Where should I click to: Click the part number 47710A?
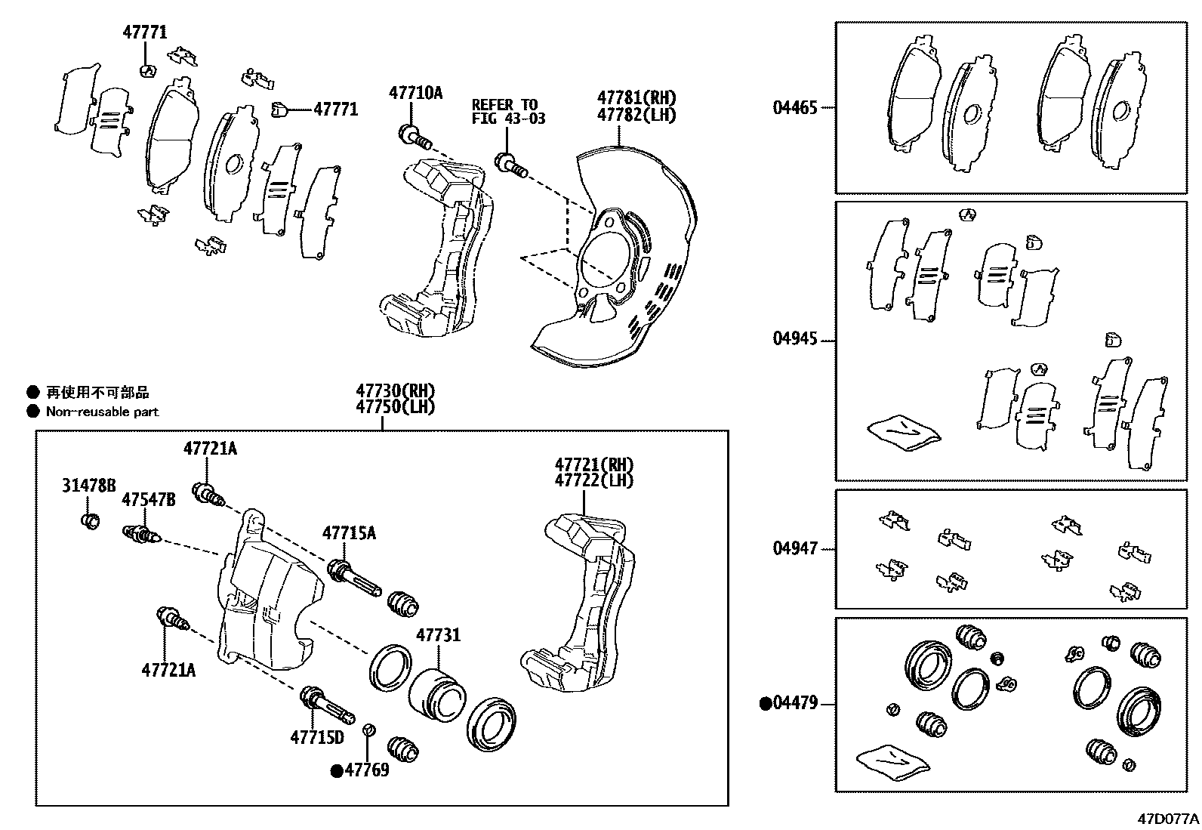tap(415, 93)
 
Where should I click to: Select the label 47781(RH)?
tap(636, 97)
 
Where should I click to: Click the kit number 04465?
tap(794, 107)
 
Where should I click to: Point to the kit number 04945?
tap(794, 339)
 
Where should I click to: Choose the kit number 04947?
tap(794, 548)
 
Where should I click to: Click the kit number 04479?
tap(795, 703)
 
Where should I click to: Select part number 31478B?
tap(88, 485)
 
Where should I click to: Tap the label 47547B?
tap(149, 500)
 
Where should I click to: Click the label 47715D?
tap(316, 737)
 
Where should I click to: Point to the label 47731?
tap(438, 635)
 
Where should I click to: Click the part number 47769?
tap(367, 770)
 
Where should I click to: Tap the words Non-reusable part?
tap(102, 412)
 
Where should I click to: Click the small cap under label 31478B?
tap(90, 520)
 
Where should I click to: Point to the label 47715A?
tap(349, 533)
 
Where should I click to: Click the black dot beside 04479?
tap(765, 704)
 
